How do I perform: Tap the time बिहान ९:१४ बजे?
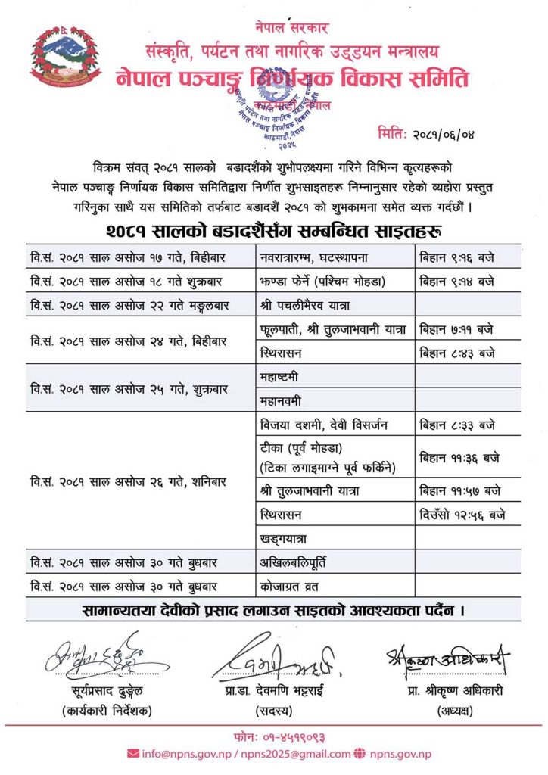[457, 282]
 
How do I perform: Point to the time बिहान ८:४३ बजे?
[457, 352]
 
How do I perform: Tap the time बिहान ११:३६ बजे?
[460, 456]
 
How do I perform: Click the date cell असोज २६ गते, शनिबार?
[125, 481]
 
